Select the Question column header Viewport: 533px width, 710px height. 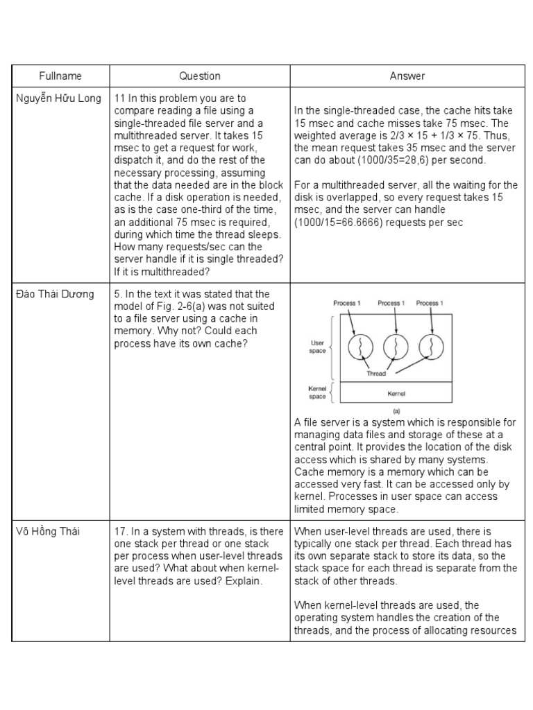coord(200,76)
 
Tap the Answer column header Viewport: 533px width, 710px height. coord(407,76)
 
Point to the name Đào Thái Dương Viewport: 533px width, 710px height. coord(55,295)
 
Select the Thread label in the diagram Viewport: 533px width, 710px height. coord(375,372)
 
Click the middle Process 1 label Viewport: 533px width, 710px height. coord(391,303)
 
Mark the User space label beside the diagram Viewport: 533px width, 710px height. coord(316,347)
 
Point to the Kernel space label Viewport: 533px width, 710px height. coord(317,393)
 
